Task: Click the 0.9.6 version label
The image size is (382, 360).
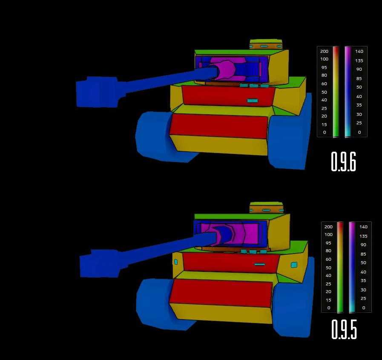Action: [344, 161]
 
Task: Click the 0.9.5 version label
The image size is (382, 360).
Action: [344, 329]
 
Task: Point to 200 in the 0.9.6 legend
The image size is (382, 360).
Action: [324, 51]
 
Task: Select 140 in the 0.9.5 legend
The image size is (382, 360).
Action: [363, 227]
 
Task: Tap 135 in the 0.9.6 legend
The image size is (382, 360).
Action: [359, 60]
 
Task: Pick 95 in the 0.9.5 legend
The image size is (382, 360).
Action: [328, 243]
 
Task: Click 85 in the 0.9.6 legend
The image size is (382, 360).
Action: [359, 78]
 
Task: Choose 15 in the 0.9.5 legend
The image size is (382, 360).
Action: [328, 300]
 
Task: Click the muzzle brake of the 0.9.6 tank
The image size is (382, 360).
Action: [97, 92]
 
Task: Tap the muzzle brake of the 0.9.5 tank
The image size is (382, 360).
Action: [100, 263]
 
